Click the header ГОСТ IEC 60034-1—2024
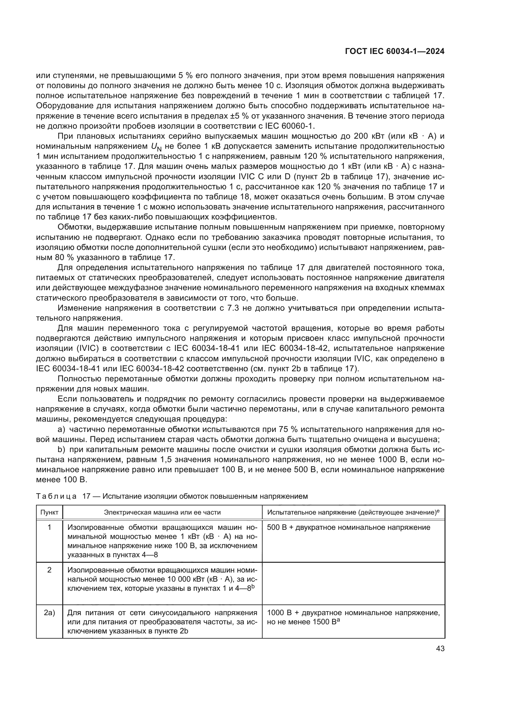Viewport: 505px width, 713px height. pyautogui.click(x=394, y=52)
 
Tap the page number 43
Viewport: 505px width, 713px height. pyautogui.click(x=440, y=648)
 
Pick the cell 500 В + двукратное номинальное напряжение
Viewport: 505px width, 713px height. pyautogui.click(x=348, y=527)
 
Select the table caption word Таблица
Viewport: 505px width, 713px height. pyautogui.click(x=56, y=496)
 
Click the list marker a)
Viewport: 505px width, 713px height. pyautogui.click(x=62, y=430)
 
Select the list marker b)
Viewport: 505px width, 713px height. pyautogui.click(x=62, y=450)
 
